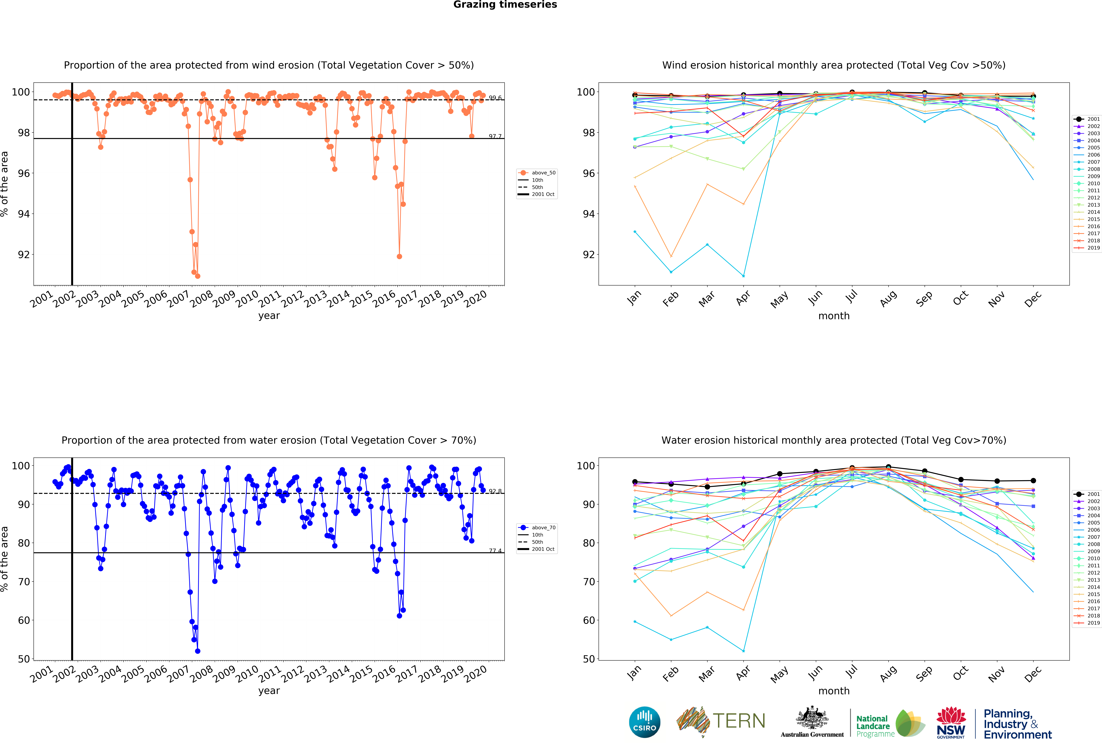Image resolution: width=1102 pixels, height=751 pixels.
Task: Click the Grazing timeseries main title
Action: (505, 5)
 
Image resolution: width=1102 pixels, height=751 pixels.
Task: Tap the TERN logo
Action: (721, 722)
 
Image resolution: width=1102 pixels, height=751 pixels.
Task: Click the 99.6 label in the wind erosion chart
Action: (495, 98)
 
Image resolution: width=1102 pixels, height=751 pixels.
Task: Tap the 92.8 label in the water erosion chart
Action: (495, 491)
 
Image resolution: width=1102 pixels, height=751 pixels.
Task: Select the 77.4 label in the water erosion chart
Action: (495, 550)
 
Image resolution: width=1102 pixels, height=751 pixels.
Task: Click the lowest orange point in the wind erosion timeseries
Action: (197, 276)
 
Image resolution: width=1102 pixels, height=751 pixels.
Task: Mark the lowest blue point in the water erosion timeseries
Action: (197, 651)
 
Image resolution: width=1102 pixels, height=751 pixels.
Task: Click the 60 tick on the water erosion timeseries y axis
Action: (24, 620)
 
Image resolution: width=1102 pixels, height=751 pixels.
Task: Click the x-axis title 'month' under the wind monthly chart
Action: (834, 316)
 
